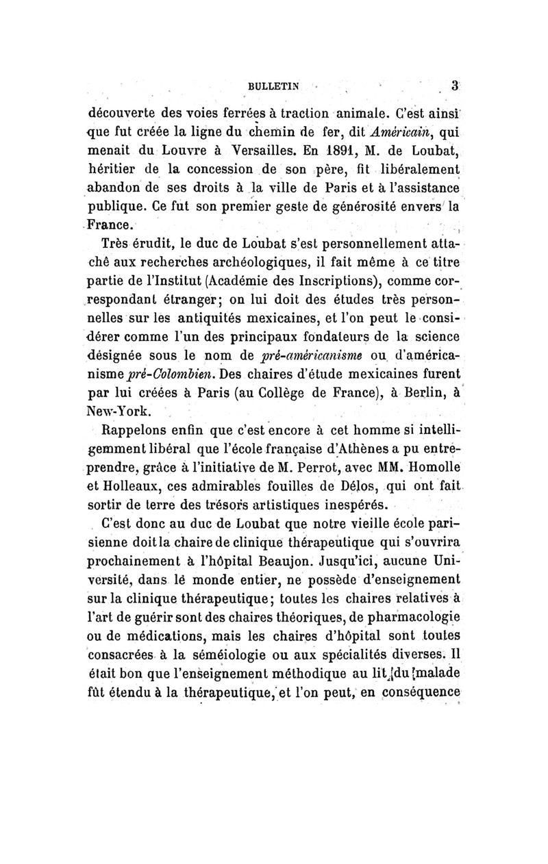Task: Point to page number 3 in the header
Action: (x=454, y=86)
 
